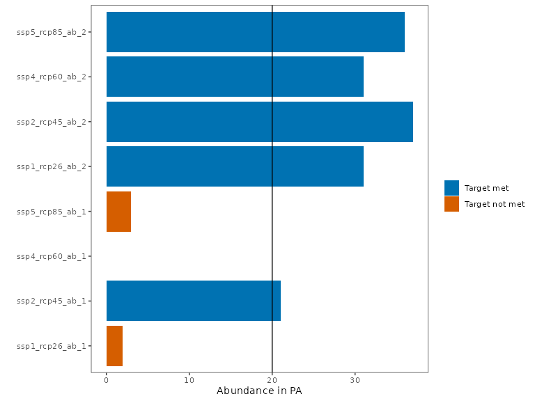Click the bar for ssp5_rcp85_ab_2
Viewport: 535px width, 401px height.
click(x=255, y=32)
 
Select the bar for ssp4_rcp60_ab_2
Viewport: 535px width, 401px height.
click(x=235, y=77)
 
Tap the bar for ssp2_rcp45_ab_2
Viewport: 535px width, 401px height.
click(x=259, y=122)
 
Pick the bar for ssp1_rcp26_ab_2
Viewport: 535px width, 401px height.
click(x=235, y=166)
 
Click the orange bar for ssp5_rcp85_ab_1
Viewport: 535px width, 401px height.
click(x=118, y=211)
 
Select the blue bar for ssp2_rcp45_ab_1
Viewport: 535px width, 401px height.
click(x=193, y=301)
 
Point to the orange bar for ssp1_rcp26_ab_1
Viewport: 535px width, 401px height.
click(x=114, y=345)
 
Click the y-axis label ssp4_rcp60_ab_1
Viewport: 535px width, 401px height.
click(x=52, y=256)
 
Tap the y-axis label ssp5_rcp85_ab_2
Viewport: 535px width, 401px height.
click(x=52, y=32)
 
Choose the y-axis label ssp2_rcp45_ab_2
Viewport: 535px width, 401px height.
click(x=52, y=122)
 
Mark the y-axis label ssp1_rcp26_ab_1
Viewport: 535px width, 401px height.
click(x=52, y=346)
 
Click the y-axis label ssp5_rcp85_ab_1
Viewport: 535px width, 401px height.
click(x=52, y=212)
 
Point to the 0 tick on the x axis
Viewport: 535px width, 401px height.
click(x=106, y=380)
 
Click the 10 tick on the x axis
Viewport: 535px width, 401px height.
click(x=189, y=380)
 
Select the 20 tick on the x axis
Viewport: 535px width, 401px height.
click(x=272, y=380)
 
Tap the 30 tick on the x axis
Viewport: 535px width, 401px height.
click(x=355, y=380)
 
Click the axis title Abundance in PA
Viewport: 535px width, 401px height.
click(x=259, y=391)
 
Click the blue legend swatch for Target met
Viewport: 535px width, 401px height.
click(x=451, y=188)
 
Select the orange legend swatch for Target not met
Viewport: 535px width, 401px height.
click(x=451, y=204)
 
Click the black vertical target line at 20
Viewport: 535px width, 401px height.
click(x=272, y=256)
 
